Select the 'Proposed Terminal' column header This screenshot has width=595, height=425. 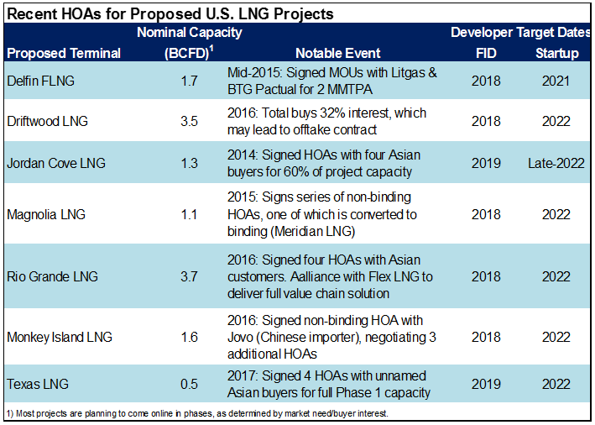(64, 53)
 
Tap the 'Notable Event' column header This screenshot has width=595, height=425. (326, 53)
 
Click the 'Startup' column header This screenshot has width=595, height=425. (556, 53)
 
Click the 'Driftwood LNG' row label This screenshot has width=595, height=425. (47, 121)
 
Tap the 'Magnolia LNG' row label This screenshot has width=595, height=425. (45, 214)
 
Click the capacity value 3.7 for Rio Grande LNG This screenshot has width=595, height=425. (189, 275)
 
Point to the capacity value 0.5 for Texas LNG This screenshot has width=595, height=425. (189, 384)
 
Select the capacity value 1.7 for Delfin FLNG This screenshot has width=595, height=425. (189, 81)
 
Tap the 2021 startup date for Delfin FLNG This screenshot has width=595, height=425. (556, 81)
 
